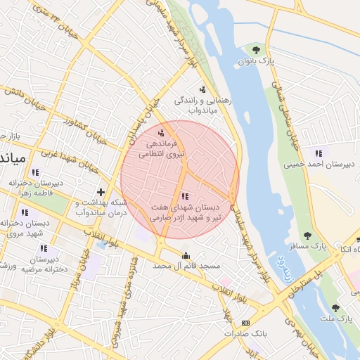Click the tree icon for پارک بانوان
click(x=255, y=50)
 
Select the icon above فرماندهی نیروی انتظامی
click(x=162, y=131)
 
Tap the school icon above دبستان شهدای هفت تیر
click(x=185, y=197)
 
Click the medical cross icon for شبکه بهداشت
click(x=101, y=191)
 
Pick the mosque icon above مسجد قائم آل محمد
click(x=186, y=255)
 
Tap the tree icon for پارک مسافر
click(x=306, y=236)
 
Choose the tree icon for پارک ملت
click(x=335, y=308)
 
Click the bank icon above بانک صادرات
click(x=245, y=323)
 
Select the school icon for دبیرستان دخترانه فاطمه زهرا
click(x=36, y=172)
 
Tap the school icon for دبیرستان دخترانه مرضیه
click(x=44, y=248)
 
